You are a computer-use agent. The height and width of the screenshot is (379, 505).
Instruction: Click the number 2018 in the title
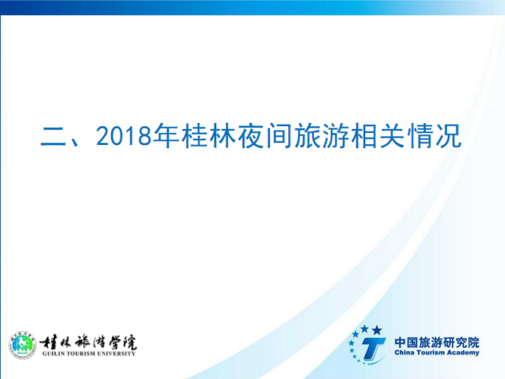tap(124, 136)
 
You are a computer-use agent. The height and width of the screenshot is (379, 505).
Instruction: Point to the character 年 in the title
tap(166, 136)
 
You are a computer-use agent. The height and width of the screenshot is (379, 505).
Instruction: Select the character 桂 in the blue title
tap(194, 136)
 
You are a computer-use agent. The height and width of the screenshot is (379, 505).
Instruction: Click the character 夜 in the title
tap(251, 136)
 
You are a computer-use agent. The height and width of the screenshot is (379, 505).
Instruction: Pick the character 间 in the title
tap(279, 136)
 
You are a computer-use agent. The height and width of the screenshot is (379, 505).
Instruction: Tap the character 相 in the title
tap(364, 136)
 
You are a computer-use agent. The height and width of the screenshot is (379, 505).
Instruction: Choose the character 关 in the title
tap(392, 136)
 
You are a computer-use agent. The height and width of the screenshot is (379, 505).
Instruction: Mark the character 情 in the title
tap(420, 136)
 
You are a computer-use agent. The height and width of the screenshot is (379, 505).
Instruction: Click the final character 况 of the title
tap(449, 136)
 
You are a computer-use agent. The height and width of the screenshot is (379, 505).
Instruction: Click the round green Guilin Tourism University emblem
tap(22, 345)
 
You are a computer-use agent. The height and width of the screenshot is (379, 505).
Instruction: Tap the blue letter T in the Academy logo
tap(373, 350)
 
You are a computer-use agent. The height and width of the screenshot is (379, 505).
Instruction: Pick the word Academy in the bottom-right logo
tap(463, 353)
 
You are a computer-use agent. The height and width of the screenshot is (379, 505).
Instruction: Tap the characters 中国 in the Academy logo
tap(406, 343)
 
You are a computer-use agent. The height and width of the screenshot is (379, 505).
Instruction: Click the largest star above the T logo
tap(377, 330)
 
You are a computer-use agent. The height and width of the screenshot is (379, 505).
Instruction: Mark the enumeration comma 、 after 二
tap(76, 141)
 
